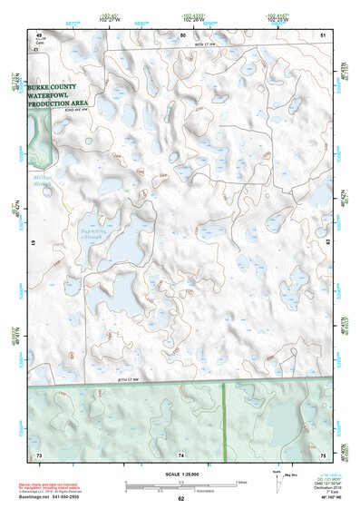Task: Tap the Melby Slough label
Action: coord(43,180)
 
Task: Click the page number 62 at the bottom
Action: coord(180,499)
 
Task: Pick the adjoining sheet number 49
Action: coord(39,34)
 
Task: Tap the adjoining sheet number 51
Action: coord(323,34)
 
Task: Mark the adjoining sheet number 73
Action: coord(39,454)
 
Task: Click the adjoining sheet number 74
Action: coord(181,454)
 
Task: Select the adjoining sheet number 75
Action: coord(323,454)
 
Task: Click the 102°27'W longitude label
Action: coord(110,18)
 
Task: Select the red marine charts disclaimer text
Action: coord(67,485)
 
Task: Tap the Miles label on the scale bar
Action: coord(240,482)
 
